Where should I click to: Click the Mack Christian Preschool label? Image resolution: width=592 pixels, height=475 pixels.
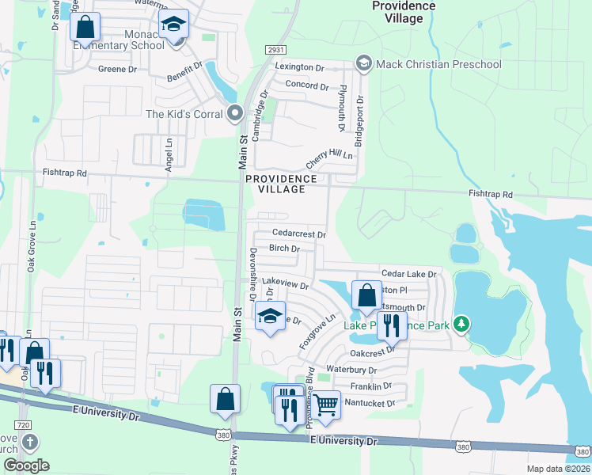click(x=438, y=63)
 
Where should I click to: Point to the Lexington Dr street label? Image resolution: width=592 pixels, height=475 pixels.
click(x=299, y=68)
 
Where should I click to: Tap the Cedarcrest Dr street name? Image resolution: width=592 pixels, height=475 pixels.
click(x=298, y=234)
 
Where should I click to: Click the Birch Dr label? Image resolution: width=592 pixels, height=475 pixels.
click(x=284, y=249)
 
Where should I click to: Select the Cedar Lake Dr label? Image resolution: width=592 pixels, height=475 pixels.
click(x=408, y=274)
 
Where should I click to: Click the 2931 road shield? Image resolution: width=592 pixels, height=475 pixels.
click(x=275, y=50)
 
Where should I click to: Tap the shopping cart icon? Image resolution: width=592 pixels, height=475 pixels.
click(x=325, y=406)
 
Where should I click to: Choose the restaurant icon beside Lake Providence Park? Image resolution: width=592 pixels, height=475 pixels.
click(x=390, y=325)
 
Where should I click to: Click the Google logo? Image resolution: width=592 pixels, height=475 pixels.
click(x=26, y=465)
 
